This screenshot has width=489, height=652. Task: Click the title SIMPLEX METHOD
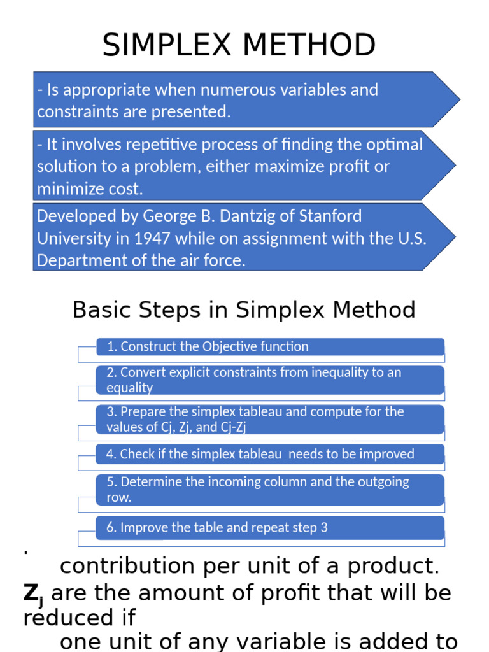click(239, 46)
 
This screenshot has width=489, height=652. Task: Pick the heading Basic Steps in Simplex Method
click(244, 310)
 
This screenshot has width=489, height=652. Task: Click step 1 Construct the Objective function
click(208, 347)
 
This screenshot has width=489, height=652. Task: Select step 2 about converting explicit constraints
click(253, 379)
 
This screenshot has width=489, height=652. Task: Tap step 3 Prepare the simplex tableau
click(255, 419)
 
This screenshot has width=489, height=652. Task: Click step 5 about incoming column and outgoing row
click(257, 489)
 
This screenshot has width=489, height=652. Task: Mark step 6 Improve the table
click(216, 527)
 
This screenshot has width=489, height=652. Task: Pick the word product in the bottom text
click(390, 565)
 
